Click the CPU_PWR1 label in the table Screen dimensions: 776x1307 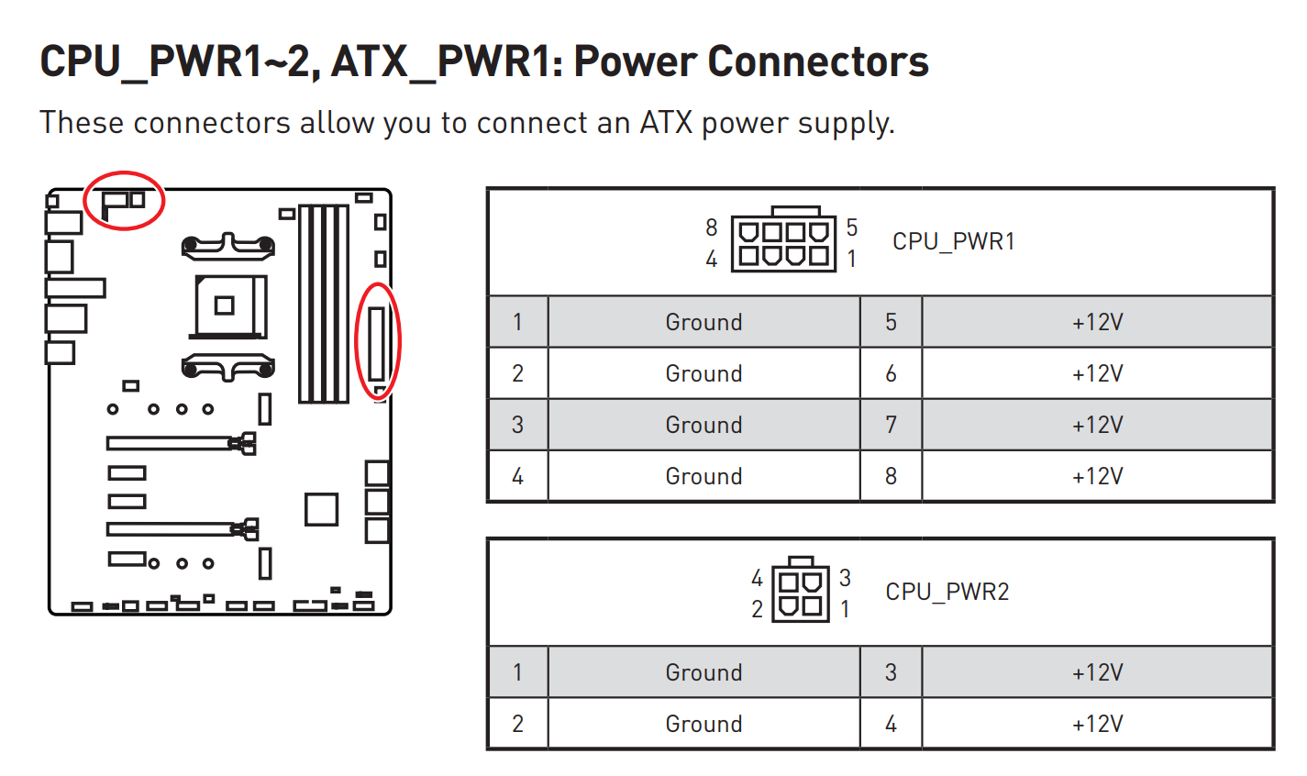point(953,241)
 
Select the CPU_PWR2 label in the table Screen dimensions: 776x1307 point(947,592)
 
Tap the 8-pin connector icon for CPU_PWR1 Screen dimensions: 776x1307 point(784,242)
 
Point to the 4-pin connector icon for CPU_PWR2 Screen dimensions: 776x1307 point(801,593)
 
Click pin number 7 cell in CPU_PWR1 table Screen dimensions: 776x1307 point(891,425)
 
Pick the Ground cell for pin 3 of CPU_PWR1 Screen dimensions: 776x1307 point(703,425)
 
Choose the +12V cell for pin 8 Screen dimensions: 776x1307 point(1097,476)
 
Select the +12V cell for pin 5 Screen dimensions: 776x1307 point(1097,322)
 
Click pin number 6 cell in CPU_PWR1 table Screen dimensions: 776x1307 point(891,373)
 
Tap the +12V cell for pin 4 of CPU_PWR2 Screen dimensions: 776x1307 point(1097,724)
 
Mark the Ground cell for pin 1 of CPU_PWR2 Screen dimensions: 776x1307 point(703,672)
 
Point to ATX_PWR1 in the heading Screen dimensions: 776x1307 point(447,61)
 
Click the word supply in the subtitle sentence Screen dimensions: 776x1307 point(843,123)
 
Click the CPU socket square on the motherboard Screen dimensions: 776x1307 point(224,305)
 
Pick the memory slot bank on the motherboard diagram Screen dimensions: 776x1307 point(324,304)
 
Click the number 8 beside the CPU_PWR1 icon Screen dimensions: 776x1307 point(711,227)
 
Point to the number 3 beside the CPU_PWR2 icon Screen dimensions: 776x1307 point(845,578)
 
